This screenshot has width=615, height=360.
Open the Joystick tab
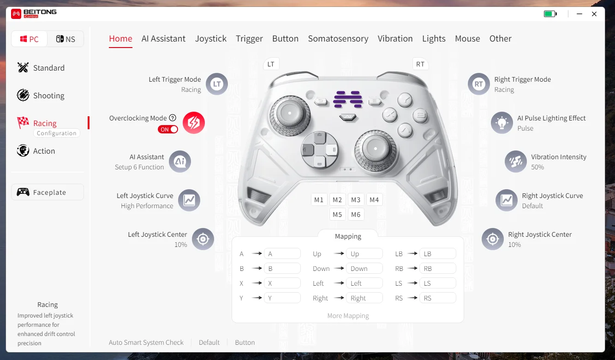click(x=210, y=38)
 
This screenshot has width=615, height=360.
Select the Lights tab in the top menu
click(x=434, y=38)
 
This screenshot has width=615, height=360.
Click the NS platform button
click(x=66, y=39)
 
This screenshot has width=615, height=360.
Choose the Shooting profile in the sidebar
click(x=41, y=95)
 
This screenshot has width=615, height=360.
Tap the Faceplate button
click(x=48, y=192)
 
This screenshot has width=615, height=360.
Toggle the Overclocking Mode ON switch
click(x=168, y=129)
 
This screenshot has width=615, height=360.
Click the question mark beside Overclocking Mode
click(x=173, y=118)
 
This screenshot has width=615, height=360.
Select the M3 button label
click(x=356, y=200)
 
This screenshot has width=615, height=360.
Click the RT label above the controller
click(x=420, y=64)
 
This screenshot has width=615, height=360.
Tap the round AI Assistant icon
click(x=180, y=162)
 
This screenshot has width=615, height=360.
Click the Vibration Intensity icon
click(x=516, y=162)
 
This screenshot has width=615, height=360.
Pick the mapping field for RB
click(x=438, y=268)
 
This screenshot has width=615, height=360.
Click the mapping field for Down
click(x=364, y=268)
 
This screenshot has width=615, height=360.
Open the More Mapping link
click(x=348, y=316)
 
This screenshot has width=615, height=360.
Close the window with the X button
click(x=594, y=14)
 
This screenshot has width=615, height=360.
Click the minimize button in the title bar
click(x=579, y=14)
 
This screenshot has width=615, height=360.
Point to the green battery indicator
click(x=550, y=14)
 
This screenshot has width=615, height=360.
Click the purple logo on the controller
click(x=348, y=99)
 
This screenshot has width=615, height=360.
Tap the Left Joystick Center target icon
click(x=203, y=239)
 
